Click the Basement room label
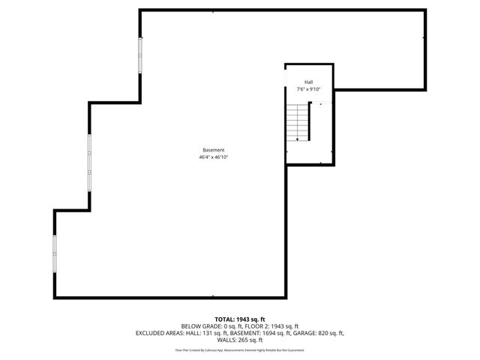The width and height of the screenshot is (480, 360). (x=213, y=150)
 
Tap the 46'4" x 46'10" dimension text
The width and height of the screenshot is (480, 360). (x=213, y=158)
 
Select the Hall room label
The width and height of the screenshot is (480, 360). (x=308, y=82)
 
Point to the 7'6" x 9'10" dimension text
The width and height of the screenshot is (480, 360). (x=308, y=89)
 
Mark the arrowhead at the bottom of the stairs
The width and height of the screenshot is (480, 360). (x=298, y=139)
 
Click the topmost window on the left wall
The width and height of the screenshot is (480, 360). (x=139, y=56)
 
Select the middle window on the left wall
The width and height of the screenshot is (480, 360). (x=90, y=163)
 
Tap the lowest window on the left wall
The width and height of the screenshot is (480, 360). (x=54, y=255)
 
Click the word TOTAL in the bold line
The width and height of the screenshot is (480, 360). (x=226, y=319)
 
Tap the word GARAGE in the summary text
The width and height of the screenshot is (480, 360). (x=303, y=333)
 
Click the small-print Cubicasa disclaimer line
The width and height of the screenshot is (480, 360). (x=240, y=349)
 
